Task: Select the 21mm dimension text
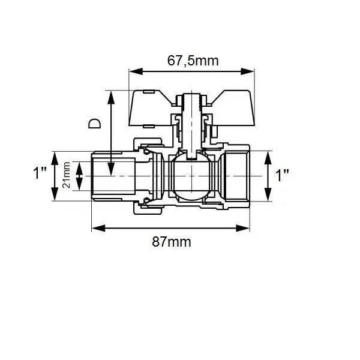[67, 175]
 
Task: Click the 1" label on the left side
[40, 174]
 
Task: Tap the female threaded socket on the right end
[237, 175]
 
